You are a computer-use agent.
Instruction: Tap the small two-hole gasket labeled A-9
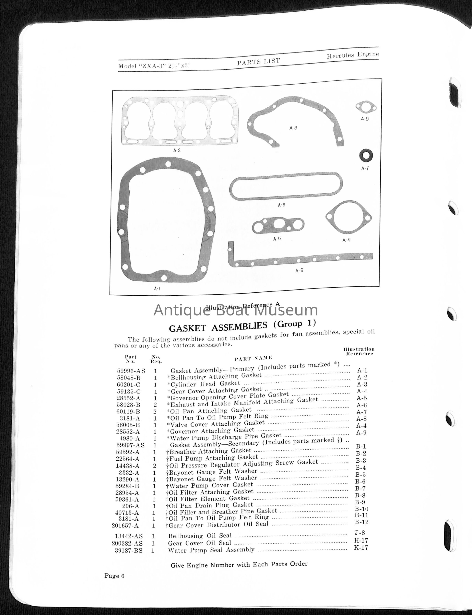tap(366, 107)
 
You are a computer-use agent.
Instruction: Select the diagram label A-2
tap(177, 150)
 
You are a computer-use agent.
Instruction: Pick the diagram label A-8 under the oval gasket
tap(281, 205)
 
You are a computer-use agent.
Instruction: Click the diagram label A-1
tap(157, 289)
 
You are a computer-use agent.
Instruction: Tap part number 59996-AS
tap(131, 371)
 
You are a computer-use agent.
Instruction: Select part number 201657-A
tap(125, 525)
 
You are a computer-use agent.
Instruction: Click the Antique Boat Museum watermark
tap(236, 310)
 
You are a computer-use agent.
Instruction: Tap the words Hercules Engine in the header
tap(353, 55)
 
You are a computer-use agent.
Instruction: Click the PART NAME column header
tap(253, 358)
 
